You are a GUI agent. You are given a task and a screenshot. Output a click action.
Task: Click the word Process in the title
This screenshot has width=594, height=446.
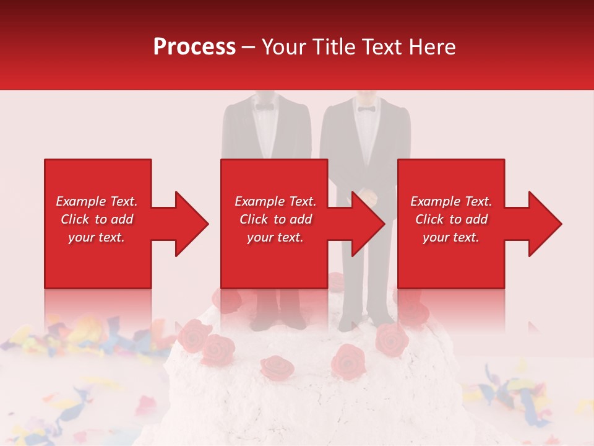click(194, 47)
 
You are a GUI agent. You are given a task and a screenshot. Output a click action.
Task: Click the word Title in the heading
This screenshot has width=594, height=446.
click(335, 47)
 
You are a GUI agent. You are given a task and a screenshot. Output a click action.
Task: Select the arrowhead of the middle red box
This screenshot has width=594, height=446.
click(367, 224)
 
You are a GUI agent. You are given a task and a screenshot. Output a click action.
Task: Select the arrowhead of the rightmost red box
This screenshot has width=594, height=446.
click(544, 224)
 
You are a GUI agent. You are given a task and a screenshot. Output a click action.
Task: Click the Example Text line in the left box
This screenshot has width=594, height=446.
click(97, 201)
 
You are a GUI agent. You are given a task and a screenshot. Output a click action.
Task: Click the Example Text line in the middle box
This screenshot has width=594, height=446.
click(275, 201)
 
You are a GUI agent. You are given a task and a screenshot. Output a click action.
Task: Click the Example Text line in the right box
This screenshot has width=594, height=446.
click(451, 201)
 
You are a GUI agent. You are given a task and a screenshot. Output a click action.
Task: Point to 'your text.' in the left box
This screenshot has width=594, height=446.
click(97, 237)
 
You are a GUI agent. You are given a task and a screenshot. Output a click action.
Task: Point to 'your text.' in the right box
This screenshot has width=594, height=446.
click(451, 237)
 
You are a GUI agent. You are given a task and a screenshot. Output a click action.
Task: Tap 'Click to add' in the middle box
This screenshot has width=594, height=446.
click(275, 219)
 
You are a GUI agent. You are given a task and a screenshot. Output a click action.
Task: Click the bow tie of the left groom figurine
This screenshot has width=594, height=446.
click(265, 107)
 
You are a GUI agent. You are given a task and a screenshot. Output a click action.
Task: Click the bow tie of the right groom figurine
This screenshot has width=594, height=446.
click(366, 109)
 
